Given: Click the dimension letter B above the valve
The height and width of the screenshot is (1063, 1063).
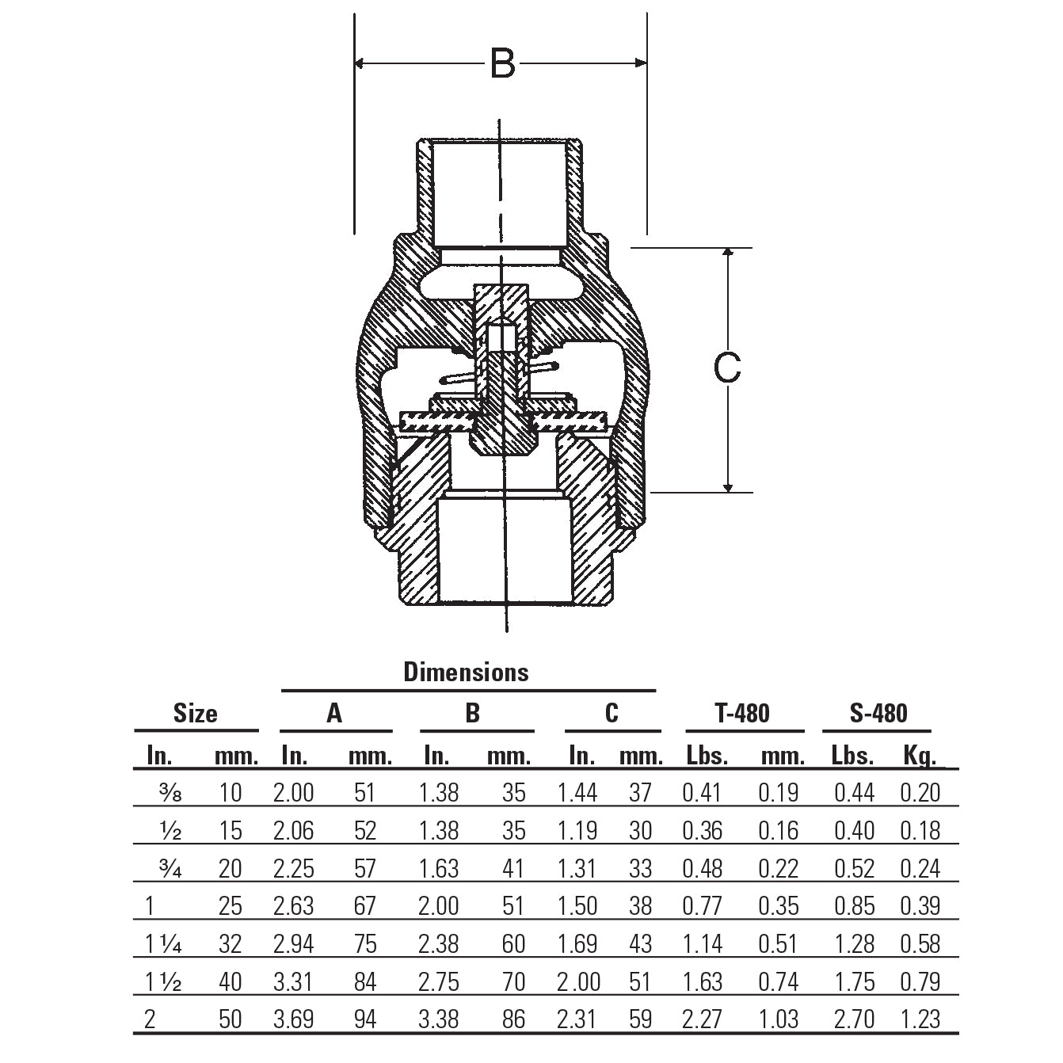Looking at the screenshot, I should pyautogui.click(x=502, y=63).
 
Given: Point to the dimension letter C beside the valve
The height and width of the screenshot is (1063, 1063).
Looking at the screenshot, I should pyautogui.click(x=727, y=368).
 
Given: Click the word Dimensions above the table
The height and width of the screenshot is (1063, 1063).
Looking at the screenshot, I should pyautogui.click(x=466, y=672).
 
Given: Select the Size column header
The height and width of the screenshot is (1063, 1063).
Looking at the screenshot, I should pyautogui.click(x=195, y=714).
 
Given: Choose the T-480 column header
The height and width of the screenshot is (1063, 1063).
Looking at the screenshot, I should pyautogui.click(x=742, y=714).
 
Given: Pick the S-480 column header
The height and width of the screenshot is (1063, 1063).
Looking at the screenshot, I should pyautogui.click(x=878, y=714).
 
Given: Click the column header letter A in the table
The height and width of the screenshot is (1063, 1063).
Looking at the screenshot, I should pyautogui.click(x=334, y=714).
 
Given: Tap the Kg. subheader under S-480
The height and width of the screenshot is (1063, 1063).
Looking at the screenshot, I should pyautogui.click(x=919, y=756).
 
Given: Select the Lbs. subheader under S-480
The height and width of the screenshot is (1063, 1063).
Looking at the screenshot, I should pyautogui.click(x=852, y=756).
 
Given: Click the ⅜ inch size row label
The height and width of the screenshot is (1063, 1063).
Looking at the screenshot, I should pyautogui.click(x=170, y=793).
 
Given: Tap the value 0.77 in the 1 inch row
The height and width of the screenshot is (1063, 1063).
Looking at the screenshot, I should pyautogui.click(x=702, y=906).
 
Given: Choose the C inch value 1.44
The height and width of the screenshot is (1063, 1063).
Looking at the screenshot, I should pyautogui.click(x=577, y=793).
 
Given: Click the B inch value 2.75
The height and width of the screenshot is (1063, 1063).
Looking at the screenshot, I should pyautogui.click(x=438, y=982).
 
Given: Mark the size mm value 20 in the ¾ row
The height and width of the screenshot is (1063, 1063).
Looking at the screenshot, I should pyautogui.click(x=230, y=869).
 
